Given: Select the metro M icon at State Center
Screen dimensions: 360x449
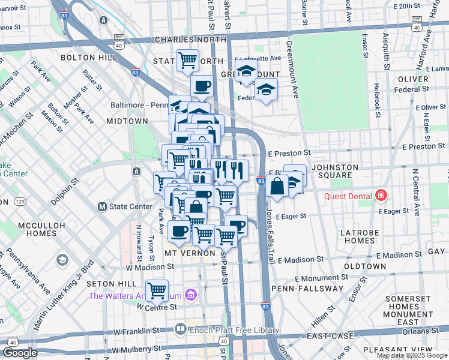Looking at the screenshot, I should [x=102, y=206].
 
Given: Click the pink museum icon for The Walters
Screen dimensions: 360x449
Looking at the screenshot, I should [x=191, y=295].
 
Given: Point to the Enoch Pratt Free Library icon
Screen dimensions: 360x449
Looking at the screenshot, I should [x=179, y=329].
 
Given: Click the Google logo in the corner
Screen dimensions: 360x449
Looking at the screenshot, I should [x=20, y=353].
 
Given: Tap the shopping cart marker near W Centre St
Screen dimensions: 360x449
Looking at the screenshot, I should [x=157, y=290].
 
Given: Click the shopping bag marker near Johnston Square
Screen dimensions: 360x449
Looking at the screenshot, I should [x=277, y=187].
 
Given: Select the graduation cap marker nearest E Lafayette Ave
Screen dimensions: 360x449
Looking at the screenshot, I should [x=246, y=73].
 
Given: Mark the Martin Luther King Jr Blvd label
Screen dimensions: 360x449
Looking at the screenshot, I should [x=62, y=295].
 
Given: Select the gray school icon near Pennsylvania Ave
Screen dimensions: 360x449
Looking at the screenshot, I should [x=62, y=260].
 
